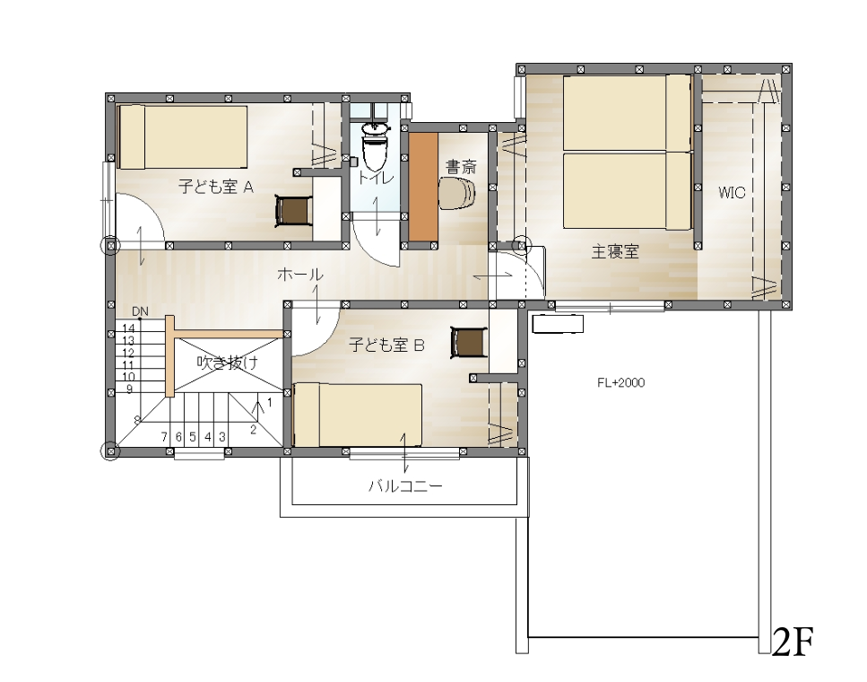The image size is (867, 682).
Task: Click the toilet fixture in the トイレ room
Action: tap(376, 146)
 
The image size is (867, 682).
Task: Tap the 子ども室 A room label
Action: tap(216, 187)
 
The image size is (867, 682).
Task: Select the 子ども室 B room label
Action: tap(386, 345)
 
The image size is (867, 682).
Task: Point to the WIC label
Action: tap(732, 193)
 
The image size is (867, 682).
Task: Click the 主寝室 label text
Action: tap(615, 252)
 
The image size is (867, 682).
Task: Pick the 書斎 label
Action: tap(461, 166)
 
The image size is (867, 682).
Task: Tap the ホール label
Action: tap(299, 274)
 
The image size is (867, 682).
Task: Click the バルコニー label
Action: tap(406, 486)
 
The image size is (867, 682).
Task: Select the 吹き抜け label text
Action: tap(227, 363)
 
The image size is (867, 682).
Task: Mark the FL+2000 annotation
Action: tap(621, 382)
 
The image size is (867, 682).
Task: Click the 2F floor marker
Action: tap(793, 643)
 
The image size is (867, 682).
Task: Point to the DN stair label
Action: tap(140, 311)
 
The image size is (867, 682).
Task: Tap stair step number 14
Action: tap(128, 328)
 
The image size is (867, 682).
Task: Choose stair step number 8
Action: tap(137, 420)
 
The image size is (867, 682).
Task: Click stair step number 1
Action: tap(269, 402)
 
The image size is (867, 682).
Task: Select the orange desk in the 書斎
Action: tap(423, 186)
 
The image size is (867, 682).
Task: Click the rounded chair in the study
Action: tap(457, 193)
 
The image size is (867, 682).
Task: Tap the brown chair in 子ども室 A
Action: tap(294, 211)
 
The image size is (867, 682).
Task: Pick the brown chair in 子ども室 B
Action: tap(469, 342)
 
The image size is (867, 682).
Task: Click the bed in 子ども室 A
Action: tap(183, 137)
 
